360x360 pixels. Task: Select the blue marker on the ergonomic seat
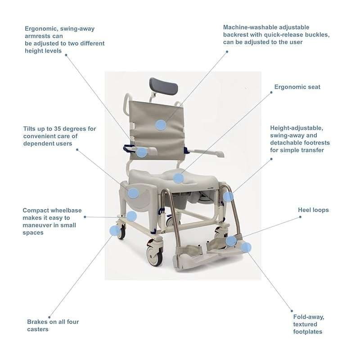click(179, 178)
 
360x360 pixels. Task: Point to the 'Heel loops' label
click(313, 210)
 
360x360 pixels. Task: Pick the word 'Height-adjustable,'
click(296, 127)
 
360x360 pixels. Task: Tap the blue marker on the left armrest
click(141, 152)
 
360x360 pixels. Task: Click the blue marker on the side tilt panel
click(133, 193)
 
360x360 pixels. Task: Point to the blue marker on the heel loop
click(231, 241)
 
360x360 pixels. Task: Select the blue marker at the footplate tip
click(246, 247)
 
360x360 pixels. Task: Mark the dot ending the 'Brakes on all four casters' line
click(49, 317)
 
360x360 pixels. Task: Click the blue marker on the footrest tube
click(228, 197)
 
